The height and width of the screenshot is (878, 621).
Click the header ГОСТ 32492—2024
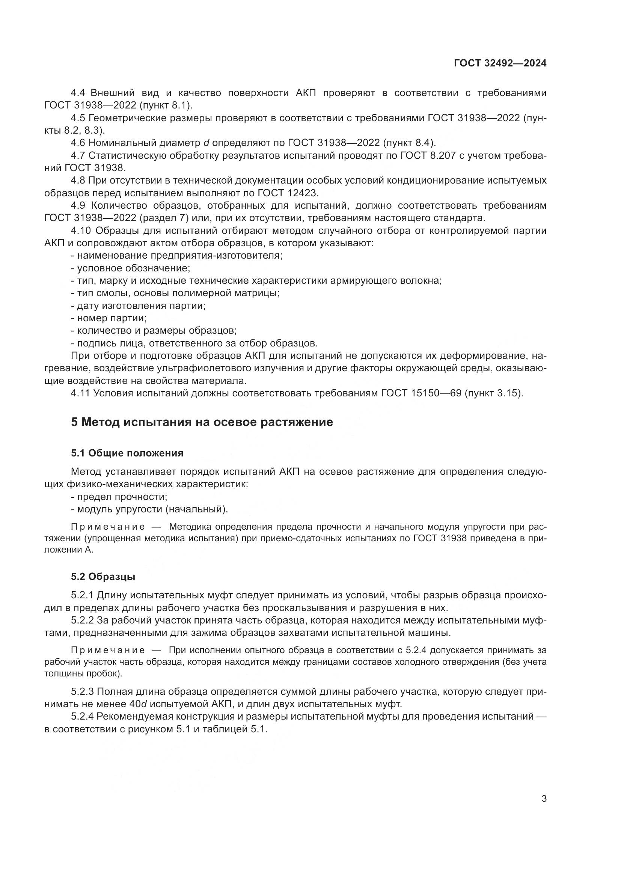coord(500,63)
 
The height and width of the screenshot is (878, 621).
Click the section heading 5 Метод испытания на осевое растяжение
coord(202,422)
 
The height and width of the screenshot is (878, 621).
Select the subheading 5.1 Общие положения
coord(127,453)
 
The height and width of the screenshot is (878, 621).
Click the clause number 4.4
coord(78,93)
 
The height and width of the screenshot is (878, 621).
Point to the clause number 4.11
coord(80,393)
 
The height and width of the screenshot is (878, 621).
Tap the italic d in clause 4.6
coord(206,143)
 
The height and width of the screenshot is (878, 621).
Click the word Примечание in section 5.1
coord(108,527)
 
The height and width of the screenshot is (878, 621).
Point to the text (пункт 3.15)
coord(494,393)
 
